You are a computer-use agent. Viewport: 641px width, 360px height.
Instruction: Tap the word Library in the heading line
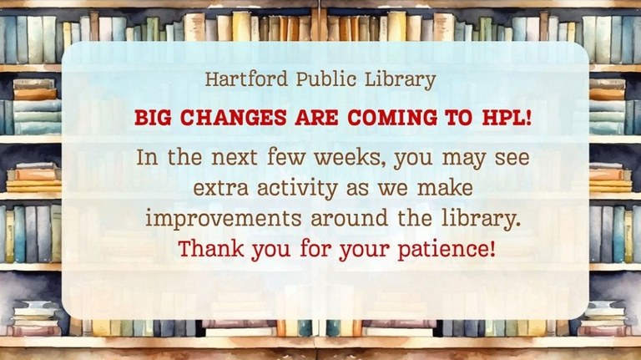point(406,81)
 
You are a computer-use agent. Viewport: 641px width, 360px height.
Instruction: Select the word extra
point(219,189)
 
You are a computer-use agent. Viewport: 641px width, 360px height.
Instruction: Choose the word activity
point(299,189)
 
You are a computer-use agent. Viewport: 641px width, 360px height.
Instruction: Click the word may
point(459,158)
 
